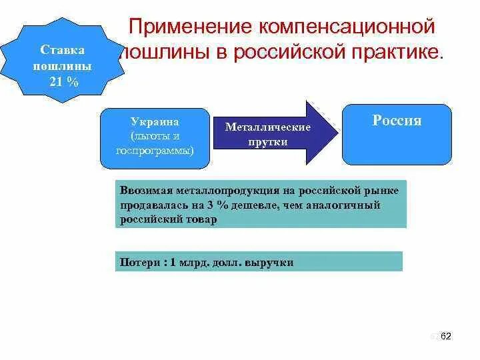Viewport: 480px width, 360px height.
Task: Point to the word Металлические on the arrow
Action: pyautogui.click(x=267, y=127)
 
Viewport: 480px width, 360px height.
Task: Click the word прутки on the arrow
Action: pyautogui.click(x=267, y=141)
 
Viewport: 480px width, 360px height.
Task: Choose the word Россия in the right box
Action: pyautogui.click(x=397, y=121)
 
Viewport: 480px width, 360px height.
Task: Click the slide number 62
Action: pyautogui.click(x=446, y=336)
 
